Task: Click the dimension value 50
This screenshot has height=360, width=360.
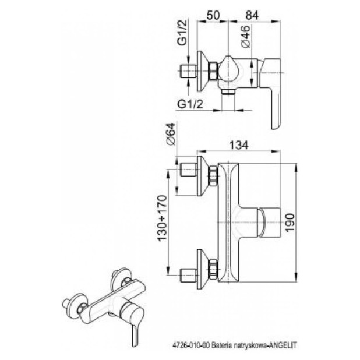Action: click(x=213, y=15)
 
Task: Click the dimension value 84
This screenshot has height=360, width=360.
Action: click(x=252, y=15)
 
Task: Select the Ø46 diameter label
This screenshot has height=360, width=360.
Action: click(x=245, y=37)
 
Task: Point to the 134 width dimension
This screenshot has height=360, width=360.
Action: click(x=239, y=145)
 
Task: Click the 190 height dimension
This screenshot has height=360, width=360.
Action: click(x=290, y=223)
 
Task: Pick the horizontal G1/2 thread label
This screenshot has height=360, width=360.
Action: click(x=190, y=104)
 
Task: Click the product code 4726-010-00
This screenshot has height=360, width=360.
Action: click(x=191, y=345)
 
